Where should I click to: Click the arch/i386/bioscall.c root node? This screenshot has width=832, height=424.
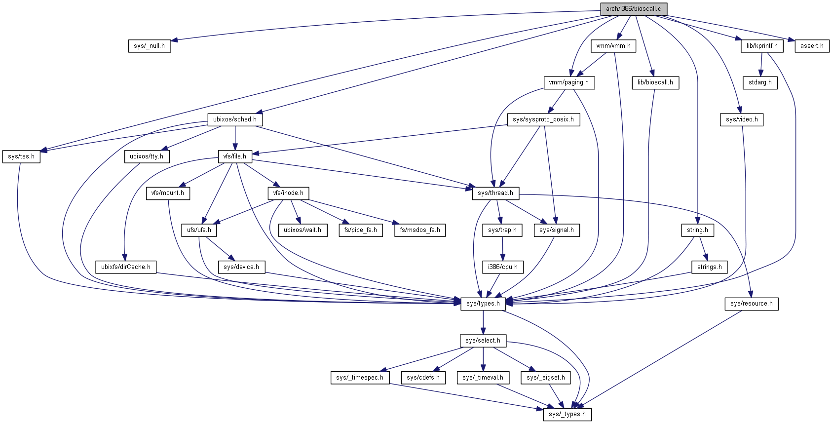coord(633,9)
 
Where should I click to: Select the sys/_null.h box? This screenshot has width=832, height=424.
coord(149,46)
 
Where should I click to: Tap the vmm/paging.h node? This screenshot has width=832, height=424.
coord(568,82)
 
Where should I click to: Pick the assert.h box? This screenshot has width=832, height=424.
coord(812,46)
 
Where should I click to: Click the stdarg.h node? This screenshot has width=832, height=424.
coord(760,82)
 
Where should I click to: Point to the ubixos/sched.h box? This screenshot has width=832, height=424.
coord(234,119)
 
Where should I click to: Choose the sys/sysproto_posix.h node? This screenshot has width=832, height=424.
coord(543,119)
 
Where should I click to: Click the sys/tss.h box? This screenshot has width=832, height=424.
coord(21,156)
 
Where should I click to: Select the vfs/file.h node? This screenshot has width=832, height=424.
coord(234,156)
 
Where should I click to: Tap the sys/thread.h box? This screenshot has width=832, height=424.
coord(495,193)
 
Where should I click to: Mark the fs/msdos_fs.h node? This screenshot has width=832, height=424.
coord(420,230)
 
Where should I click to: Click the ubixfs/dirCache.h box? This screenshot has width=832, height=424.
coord(126,267)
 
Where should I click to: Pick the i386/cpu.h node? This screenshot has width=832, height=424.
coord(503,267)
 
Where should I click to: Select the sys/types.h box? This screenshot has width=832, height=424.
coord(483,304)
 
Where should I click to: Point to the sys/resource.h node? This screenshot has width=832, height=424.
coord(751,304)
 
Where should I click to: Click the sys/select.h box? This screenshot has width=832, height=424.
coord(483,341)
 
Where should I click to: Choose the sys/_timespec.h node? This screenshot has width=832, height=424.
coord(360,378)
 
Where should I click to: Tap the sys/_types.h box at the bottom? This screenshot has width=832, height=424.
coord(567,414)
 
